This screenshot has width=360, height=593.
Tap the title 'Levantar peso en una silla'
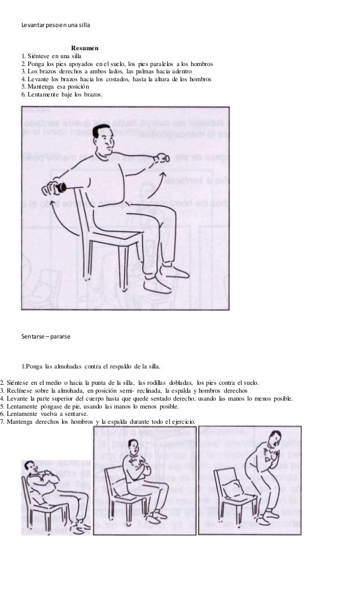[x=55, y=26]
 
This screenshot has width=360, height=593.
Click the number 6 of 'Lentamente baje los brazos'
[x=23, y=95]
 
